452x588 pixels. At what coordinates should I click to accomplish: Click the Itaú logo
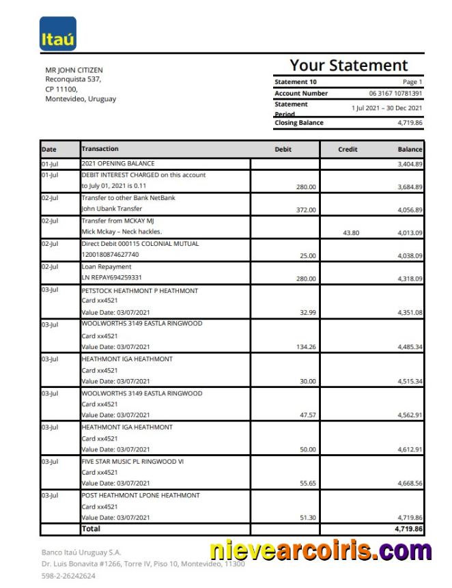point(58,34)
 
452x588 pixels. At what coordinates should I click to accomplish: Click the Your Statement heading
point(348,66)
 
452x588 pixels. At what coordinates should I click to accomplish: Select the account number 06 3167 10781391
point(395,94)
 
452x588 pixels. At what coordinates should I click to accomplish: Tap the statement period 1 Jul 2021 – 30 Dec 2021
point(386,108)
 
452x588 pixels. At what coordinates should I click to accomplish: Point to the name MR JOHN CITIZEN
point(74,70)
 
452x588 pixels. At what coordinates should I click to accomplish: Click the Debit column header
point(283,149)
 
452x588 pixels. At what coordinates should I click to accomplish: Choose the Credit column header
point(348,149)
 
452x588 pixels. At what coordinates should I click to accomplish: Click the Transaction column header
point(100,149)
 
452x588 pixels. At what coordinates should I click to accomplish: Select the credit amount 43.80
point(351,233)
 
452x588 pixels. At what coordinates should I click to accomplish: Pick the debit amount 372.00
point(306,210)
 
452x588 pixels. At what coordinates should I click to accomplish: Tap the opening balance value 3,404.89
point(410,165)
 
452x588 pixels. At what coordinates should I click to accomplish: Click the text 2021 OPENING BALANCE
point(118,164)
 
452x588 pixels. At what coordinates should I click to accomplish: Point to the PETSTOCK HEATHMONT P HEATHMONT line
point(139,291)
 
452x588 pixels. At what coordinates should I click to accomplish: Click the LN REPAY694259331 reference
point(111,278)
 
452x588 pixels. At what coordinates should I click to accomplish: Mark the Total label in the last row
point(91,529)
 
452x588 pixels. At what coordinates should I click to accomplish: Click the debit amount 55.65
point(307,484)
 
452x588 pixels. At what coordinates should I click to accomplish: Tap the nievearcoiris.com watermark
point(320,550)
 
